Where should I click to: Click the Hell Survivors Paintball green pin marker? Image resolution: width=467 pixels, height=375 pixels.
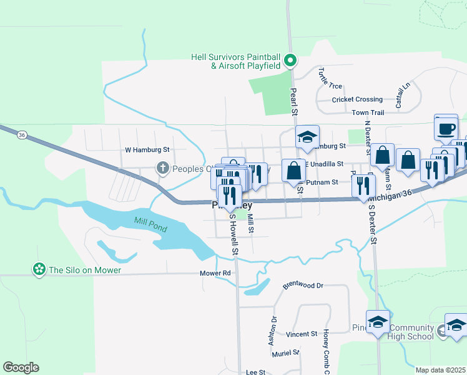click(290, 61)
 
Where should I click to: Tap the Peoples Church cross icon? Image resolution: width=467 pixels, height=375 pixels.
click(162, 167)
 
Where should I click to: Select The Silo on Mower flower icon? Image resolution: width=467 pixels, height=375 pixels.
click(39, 270)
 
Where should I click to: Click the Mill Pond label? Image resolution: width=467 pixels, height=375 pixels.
click(150, 225)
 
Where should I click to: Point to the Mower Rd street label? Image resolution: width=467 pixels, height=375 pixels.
click(215, 273)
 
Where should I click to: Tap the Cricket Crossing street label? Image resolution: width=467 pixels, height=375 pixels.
click(357, 99)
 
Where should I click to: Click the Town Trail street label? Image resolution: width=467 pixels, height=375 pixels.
click(368, 112)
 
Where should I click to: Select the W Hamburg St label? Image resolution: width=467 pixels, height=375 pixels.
click(147, 150)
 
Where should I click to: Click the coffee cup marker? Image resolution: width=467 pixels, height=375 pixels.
click(446, 128)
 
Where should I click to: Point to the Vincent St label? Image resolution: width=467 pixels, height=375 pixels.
click(302, 334)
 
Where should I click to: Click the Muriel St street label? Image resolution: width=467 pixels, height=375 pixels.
click(286, 352)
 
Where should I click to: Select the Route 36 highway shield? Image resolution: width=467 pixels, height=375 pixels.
click(22, 134)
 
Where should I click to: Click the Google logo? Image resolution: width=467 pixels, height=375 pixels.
click(21, 367)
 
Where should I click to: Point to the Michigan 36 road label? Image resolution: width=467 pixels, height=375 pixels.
click(390, 196)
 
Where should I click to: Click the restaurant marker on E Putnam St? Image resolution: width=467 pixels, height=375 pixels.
click(362, 186)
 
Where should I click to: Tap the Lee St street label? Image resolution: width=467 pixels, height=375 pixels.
click(256, 372)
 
